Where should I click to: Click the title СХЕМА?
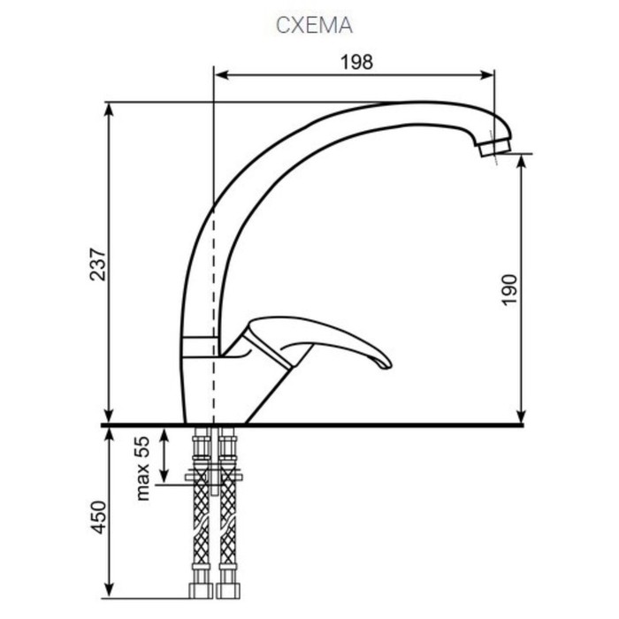(x=314, y=26)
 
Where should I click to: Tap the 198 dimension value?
(x=356, y=62)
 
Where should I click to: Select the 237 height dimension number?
(x=98, y=264)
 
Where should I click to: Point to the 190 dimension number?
(x=508, y=290)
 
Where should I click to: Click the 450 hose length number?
(x=98, y=517)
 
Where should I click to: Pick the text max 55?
(x=142, y=468)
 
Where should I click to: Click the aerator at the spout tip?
(x=494, y=147)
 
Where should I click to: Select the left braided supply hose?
(x=202, y=513)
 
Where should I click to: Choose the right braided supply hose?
(x=227, y=513)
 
